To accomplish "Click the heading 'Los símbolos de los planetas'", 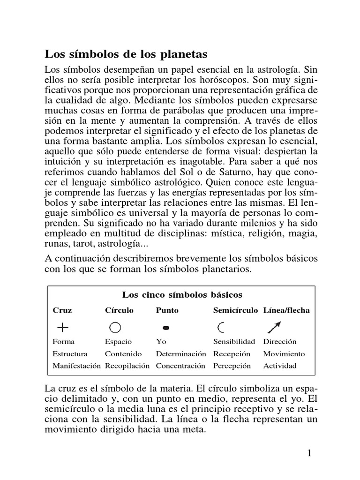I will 126,53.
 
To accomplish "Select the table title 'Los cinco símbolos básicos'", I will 182,295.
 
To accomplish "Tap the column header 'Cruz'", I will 62,310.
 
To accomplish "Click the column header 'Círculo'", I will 119,310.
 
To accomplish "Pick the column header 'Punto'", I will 167,310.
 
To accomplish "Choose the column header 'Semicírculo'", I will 235,310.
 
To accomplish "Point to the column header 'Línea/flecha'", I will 286,310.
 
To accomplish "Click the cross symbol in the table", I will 62,327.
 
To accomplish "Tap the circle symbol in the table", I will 115,327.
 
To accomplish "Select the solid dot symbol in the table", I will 165,327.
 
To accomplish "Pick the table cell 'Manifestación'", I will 76,366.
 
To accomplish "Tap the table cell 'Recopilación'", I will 127,366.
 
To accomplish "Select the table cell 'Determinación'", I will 181,354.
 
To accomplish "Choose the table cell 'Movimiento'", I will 284,354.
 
